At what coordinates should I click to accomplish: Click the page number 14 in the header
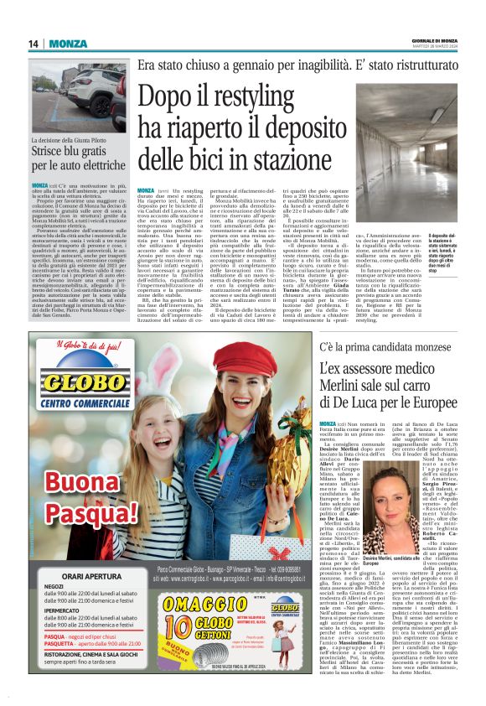click(x=35, y=44)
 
